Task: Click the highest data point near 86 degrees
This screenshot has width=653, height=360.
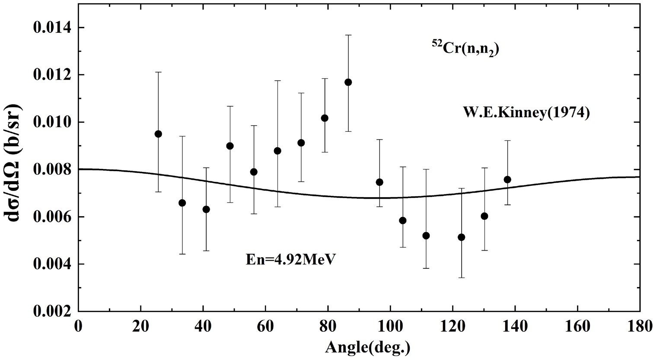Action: [348, 82]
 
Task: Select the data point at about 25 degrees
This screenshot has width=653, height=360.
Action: [158, 134]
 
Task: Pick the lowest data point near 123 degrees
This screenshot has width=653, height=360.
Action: [461, 237]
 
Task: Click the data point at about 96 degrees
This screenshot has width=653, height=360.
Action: [379, 182]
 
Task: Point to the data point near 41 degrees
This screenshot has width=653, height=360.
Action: [206, 209]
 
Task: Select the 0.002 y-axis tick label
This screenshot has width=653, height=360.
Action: [53, 311]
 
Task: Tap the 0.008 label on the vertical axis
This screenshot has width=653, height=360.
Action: [53, 169]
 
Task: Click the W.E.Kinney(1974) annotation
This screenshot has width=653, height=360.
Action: [527, 113]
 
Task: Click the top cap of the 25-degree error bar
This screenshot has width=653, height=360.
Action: [158, 72]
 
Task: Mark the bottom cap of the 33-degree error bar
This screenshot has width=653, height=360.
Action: [182, 254]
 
